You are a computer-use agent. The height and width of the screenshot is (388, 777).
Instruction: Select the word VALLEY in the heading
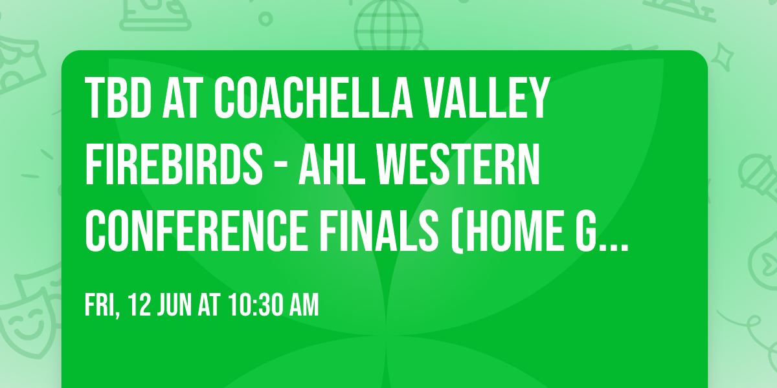[x=495, y=98]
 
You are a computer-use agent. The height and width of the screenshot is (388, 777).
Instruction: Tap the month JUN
[x=175, y=305]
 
